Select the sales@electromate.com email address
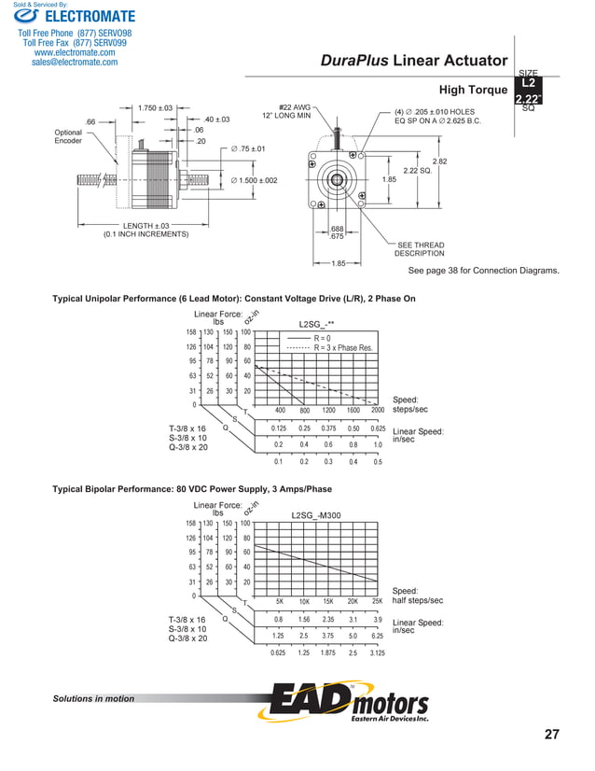tap(75, 63)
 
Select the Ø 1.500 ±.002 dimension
tap(254, 180)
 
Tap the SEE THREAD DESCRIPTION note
tap(420, 249)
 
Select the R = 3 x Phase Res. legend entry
tap(344, 347)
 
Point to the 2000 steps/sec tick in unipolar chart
tap(377, 410)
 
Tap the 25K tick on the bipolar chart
tap(377, 602)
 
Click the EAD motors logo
tap(349, 703)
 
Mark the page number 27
tap(552, 735)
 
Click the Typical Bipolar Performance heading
tap(192, 489)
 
